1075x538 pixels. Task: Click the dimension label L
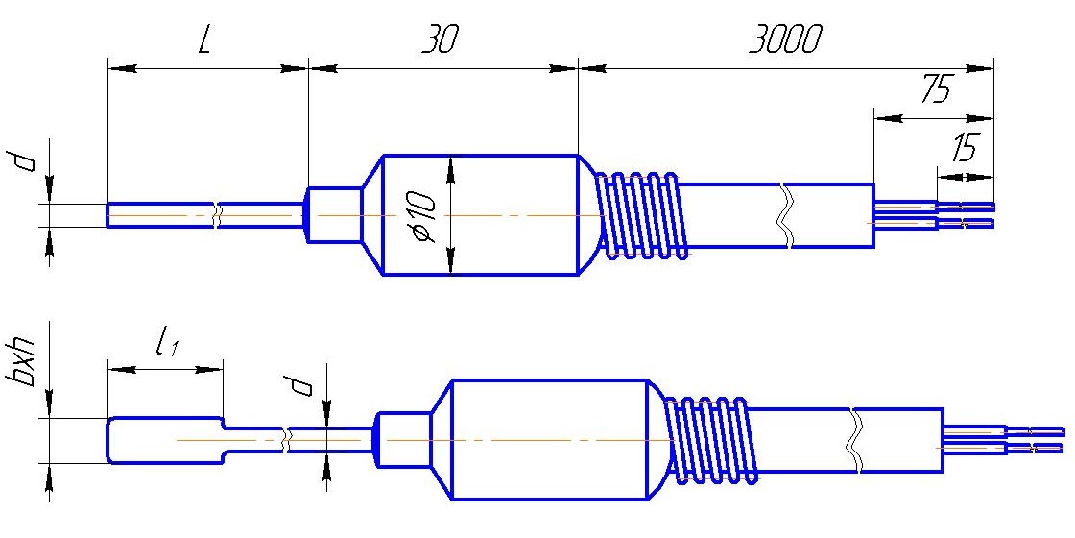click(x=204, y=42)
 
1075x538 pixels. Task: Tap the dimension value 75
click(x=937, y=90)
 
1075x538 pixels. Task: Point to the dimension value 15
click(x=964, y=148)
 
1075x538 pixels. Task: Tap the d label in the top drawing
click(x=25, y=162)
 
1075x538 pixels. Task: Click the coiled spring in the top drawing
click(x=641, y=215)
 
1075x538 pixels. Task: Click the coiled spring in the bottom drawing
click(x=711, y=440)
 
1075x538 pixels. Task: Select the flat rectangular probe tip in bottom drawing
click(x=165, y=440)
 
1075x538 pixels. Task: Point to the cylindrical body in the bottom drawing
click(x=551, y=439)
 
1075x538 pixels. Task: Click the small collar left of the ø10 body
click(x=335, y=215)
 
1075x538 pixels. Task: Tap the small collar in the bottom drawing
click(x=405, y=440)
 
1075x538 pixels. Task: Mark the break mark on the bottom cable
click(x=855, y=440)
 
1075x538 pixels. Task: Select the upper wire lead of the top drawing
click(x=934, y=206)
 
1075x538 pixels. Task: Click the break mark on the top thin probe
click(x=217, y=215)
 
